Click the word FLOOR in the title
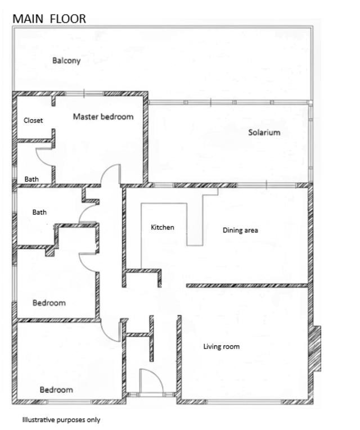pos(68,19)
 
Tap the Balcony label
pos(66,61)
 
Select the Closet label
pos(33,120)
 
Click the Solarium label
pos(264,133)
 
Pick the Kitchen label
pos(163,228)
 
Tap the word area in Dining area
pos(251,230)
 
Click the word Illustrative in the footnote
pos(39,420)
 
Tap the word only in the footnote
pos(94,420)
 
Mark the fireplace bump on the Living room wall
pos(316,348)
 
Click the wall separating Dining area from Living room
pos(247,286)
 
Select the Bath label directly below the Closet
pos(31,179)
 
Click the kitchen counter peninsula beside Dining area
pos(195,219)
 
